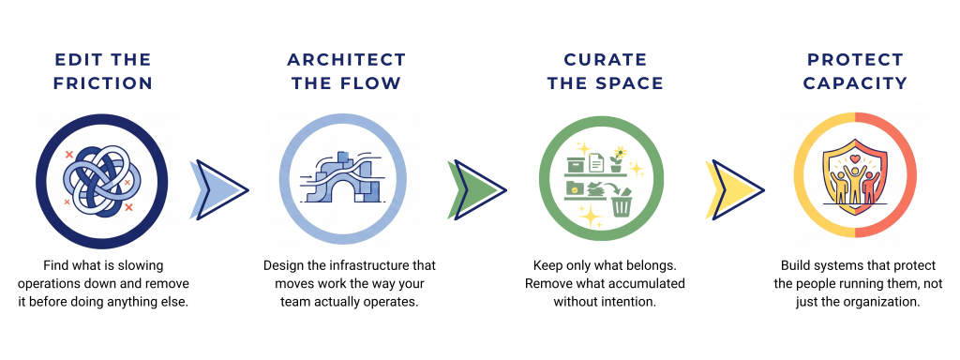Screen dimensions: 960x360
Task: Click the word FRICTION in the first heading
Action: pos(103,83)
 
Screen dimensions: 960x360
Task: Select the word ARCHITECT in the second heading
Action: pos(347,60)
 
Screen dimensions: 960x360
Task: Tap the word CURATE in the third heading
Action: pos(606,60)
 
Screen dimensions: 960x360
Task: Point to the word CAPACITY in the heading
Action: pos(855,83)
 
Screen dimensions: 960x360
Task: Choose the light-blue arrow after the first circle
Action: pos(219,189)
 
